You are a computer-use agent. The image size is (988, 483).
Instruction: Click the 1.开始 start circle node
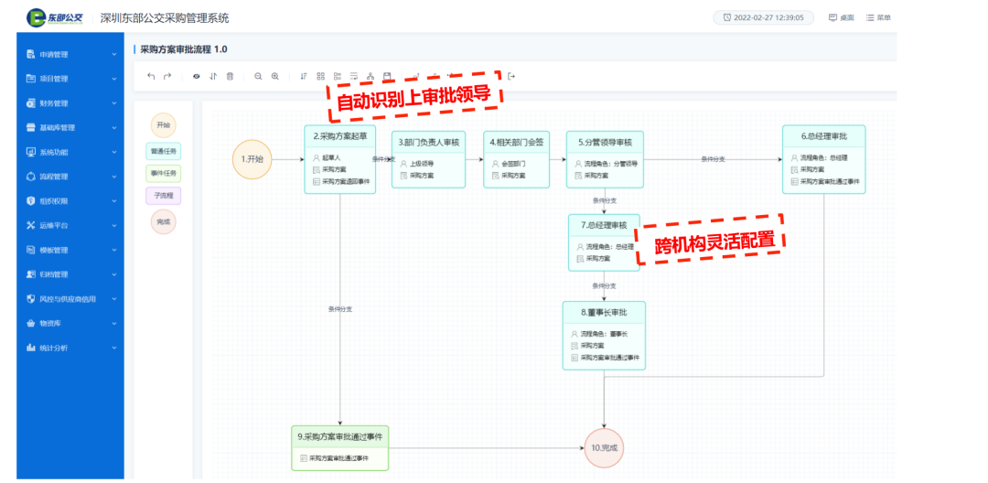pos(252,159)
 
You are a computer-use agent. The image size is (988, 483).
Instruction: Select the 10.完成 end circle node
pos(604,448)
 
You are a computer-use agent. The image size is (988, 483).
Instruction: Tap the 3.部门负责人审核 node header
pos(428,142)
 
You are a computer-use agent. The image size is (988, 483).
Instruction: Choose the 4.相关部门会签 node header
pos(517,142)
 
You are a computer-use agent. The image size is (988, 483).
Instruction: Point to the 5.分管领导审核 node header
pos(605,142)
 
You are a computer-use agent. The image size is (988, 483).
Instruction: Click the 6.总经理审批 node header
pos(823,136)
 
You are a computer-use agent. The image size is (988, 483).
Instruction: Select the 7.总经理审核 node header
pos(604,225)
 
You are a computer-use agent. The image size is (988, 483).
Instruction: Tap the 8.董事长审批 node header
pos(604,313)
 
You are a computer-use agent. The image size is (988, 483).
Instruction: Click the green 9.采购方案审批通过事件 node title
pos(339,436)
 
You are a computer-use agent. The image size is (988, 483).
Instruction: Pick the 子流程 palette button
pos(163,196)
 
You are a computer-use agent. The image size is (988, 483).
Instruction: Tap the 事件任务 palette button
pos(163,173)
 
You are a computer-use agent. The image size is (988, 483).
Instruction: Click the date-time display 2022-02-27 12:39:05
pos(763,17)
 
